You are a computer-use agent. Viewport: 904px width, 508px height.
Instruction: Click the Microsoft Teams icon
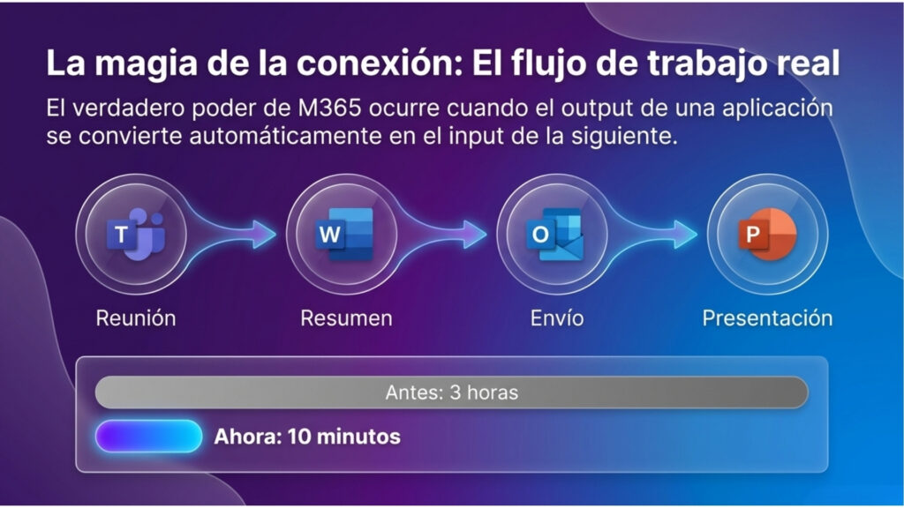coord(136,234)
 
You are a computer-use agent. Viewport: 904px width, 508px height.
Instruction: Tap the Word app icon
coord(345,234)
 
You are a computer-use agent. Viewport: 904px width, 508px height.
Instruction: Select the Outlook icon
coord(555,234)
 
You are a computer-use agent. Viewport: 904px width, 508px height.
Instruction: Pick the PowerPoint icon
coord(767,234)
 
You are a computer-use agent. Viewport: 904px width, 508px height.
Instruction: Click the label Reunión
coord(136,317)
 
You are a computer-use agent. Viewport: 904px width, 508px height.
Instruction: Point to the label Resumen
coord(346,317)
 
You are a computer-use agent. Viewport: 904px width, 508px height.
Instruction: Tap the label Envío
coord(557,317)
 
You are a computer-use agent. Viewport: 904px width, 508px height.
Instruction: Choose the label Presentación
coord(767,317)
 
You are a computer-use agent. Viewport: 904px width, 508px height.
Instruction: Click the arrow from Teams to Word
coord(230,235)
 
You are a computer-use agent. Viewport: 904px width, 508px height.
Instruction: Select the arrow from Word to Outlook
coord(441,235)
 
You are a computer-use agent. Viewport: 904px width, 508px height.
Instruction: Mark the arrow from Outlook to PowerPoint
coord(652,235)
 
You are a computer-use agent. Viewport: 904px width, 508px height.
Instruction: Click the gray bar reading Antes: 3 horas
coord(451,392)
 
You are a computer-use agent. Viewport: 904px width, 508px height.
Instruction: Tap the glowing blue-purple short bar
coord(148,436)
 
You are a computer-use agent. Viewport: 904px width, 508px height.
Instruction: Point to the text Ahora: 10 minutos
coord(307,437)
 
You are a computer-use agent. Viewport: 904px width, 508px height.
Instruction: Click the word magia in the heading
coord(146,64)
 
